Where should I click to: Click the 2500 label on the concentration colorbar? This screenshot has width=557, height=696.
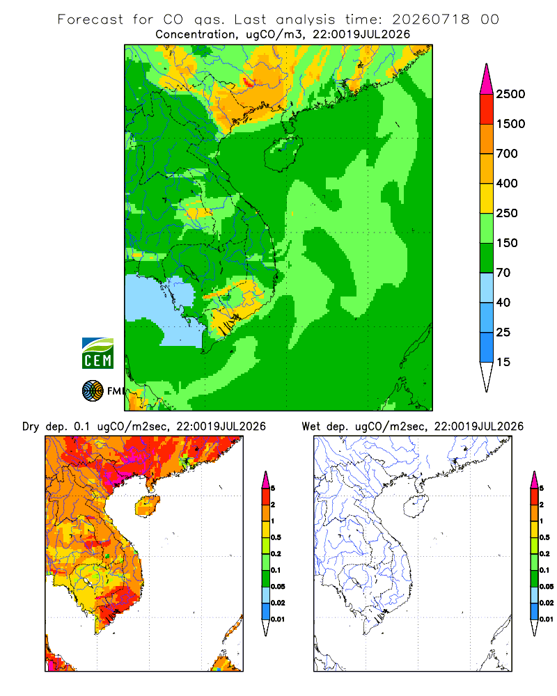(x=510, y=94)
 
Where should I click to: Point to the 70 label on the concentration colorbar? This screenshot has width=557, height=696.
(x=503, y=273)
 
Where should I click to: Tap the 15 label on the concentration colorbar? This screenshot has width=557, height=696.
(x=503, y=362)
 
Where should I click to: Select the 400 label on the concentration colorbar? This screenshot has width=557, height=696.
(x=507, y=183)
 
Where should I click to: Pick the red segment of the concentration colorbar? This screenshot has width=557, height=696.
(x=487, y=109)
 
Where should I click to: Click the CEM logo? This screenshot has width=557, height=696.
(x=97, y=354)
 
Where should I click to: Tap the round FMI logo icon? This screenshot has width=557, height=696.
(x=93, y=391)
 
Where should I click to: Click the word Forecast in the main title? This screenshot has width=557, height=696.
(x=91, y=19)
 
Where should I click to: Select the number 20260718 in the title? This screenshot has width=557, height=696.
(x=431, y=19)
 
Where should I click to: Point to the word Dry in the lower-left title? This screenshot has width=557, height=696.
(x=31, y=427)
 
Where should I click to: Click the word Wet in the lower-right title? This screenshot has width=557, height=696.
(x=311, y=427)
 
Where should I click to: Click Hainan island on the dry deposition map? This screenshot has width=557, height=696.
(x=147, y=506)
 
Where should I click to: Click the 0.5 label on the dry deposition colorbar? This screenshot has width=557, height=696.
(x=276, y=537)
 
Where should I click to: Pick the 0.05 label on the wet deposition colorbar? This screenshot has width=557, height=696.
(x=547, y=587)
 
